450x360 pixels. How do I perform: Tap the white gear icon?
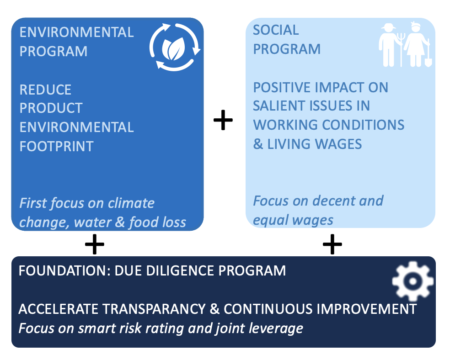coord(412,281)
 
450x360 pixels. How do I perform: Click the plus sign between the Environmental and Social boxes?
coord(223,120)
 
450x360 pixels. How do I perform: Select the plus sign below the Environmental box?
coord(94,244)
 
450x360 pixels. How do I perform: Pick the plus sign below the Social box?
coord(332,244)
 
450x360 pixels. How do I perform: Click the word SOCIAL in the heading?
coord(276,30)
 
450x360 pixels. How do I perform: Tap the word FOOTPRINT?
coord(57,147)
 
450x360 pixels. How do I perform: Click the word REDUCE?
coord(45,90)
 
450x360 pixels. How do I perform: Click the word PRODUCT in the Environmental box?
coord(51,108)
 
